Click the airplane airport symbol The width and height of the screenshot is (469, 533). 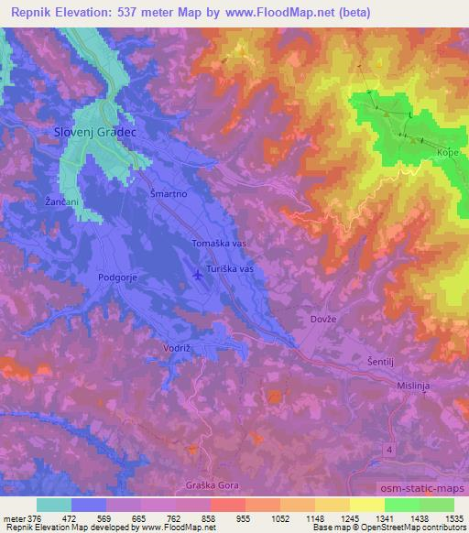tap(201, 274)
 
